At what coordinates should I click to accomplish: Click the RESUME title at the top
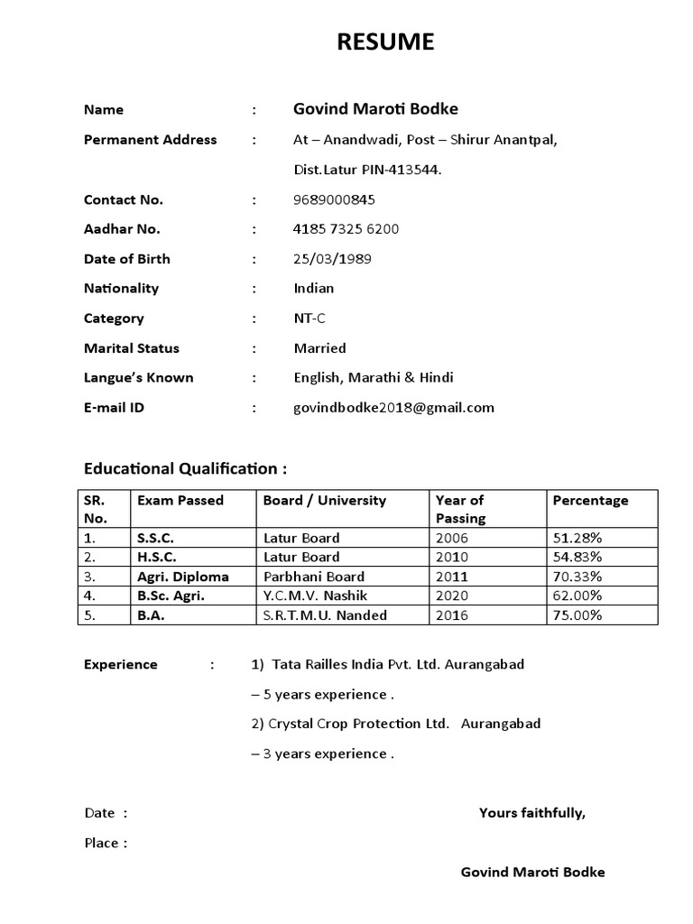[385, 42]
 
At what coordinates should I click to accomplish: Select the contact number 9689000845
[335, 199]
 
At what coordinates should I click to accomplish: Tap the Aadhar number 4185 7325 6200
[346, 229]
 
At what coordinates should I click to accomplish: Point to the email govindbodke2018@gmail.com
[393, 407]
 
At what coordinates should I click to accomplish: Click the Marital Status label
[132, 348]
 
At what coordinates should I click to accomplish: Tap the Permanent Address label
[150, 140]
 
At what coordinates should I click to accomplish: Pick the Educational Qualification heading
[186, 468]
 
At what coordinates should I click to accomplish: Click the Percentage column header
[590, 501]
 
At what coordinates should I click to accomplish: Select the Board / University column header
[324, 501]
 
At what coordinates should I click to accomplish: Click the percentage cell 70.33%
[577, 577]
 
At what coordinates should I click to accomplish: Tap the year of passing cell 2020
[452, 596]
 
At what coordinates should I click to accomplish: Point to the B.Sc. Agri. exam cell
[171, 596]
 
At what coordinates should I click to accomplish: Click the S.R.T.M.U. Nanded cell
[325, 615]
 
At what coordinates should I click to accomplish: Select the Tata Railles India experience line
[388, 664]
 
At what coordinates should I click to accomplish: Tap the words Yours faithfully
[532, 813]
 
